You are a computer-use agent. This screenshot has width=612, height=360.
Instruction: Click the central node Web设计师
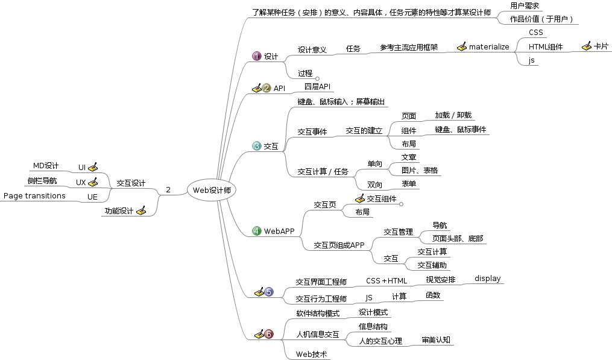pos(211,190)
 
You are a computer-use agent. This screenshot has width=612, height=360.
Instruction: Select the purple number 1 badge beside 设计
pos(257,56)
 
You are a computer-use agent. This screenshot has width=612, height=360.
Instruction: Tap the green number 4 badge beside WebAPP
pos(257,231)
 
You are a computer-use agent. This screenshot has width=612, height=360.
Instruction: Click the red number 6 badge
pos(269,334)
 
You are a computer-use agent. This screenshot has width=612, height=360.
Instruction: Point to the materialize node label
pos(489,46)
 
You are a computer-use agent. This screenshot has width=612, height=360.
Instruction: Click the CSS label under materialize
pos(535,32)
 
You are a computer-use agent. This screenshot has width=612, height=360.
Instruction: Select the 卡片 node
pos(601,46)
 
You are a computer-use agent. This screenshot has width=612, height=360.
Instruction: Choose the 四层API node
pos(317,87)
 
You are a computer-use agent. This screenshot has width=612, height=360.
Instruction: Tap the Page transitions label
pos(34,196)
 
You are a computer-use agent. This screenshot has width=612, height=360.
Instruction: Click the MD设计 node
pos(45,166)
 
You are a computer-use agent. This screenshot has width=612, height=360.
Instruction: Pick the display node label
pos(487,278)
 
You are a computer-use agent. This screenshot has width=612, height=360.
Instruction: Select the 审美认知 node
pos(438,340)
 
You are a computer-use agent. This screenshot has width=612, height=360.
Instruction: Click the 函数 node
pos(433,295)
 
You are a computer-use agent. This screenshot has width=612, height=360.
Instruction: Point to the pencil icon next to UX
pos(93,182)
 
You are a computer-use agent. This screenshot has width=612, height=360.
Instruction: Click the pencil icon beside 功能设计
pos(141,210)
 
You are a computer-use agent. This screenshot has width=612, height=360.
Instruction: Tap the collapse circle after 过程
pos(317,77)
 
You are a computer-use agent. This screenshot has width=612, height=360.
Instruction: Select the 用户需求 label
pos(524,5)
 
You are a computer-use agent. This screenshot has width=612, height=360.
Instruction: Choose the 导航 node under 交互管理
pos(440,225)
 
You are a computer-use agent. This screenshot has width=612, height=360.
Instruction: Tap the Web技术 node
pos(311,355)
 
